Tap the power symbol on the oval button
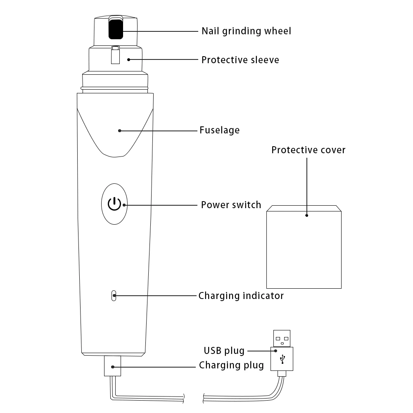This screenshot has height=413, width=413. [x=114, y=204]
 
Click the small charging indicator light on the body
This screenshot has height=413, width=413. [x=114, y=296]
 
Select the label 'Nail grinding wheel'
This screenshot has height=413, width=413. [x=246, y=31]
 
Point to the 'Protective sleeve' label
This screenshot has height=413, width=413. [x=240, y=60]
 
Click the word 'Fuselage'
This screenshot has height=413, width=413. [x=220, y=130]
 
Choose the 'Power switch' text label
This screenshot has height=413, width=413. [x=231, y=205]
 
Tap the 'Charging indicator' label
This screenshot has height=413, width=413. [x=241, y=296]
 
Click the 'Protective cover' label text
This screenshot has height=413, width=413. [x=309, y=150]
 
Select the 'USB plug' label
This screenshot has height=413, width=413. [x=224, y=351]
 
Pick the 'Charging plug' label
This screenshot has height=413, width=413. [x=231, y=366]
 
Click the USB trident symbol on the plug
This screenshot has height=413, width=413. [x=282, y=359]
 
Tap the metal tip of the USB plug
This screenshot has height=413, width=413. [x=282, y=339]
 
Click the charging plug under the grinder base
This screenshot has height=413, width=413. [x=112, y=366]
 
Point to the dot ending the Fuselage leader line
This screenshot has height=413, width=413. [x=120, y=131]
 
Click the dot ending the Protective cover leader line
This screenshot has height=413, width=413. [x=306, y=216]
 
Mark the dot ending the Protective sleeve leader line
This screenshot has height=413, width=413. [x=128, y=60]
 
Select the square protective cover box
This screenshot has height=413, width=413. [x=304, y=247]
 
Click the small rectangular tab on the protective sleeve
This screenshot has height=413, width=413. [x=115, y=55]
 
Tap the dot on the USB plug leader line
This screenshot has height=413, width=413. [x=275, y=351]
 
